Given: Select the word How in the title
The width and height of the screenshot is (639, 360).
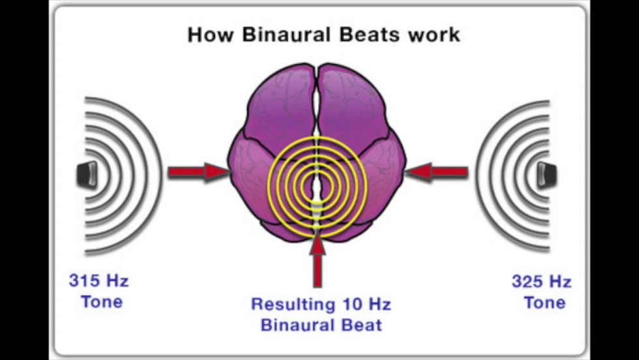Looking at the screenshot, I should (x=211, y=34).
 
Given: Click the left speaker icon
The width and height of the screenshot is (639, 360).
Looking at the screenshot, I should (x=87, y=174).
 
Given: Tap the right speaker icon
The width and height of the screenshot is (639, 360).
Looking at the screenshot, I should (x=546, y=174).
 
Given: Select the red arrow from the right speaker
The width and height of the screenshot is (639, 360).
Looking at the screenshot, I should (x=437, y=172).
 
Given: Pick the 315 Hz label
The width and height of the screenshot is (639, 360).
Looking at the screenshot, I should (x=98, y=282).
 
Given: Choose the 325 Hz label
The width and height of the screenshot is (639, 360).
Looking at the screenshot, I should (x=541, y=282).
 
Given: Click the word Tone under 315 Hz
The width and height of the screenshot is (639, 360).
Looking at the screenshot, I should (x=101, y=302).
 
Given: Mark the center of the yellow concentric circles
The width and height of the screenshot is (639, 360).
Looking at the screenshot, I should (x=317, y=186).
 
